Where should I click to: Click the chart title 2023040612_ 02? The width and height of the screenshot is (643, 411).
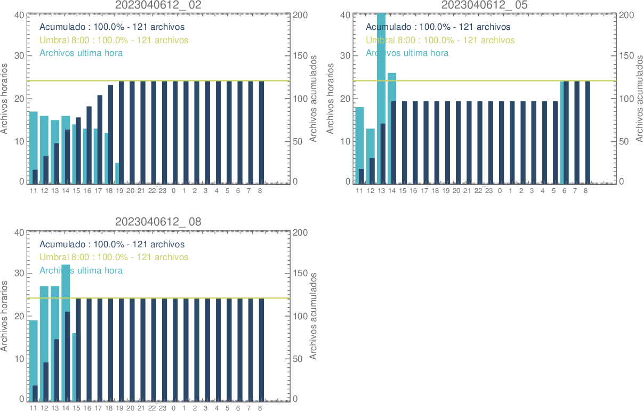[x=158, y=5]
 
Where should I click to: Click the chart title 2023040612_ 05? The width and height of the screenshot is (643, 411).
[x=484, y=5]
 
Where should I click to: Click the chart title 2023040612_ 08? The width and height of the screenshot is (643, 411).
[x=158, y=222]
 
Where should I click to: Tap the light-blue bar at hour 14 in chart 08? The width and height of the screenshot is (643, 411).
[x=66, y=288]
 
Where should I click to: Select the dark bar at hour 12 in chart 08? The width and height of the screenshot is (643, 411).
[x=46, y=381]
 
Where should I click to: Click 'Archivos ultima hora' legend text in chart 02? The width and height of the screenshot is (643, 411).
[x=81, y=53]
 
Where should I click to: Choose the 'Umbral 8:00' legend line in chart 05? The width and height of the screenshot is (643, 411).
[x=440, y=40]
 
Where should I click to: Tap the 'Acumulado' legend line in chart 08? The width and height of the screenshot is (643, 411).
[x=112, y=244]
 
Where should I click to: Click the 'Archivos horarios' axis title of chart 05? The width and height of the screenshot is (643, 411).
[x=330, y=98]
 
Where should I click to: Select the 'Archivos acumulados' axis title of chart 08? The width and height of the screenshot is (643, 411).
[x=314, y=316]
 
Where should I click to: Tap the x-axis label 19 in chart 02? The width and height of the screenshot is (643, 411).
[x=119, y=191]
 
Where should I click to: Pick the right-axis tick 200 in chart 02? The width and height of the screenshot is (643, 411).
[x=300, y=14]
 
